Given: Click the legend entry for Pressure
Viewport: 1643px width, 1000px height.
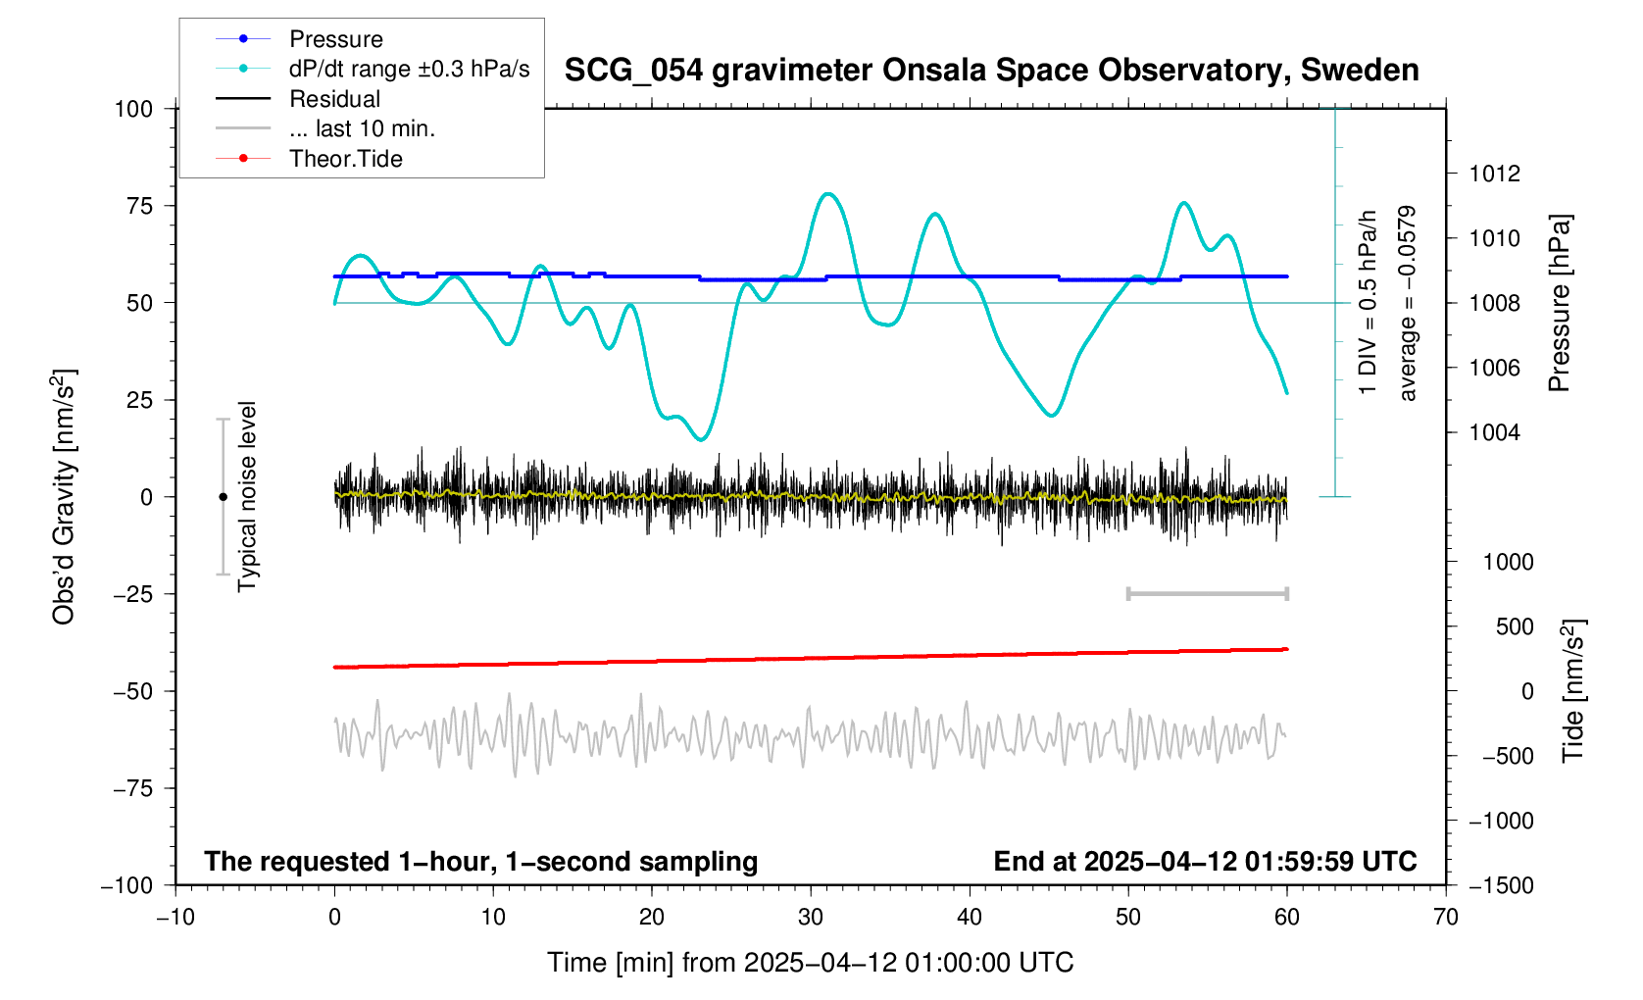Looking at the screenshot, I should pyautogui.click(x=335, y=39).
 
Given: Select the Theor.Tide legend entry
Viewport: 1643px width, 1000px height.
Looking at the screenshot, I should pyautogui.click(x=345, y=159).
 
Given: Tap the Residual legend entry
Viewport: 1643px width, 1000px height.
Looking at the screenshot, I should pyautogui.click(x=334, y=99).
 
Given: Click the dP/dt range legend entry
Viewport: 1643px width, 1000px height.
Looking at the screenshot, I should pyautogui.click(x=409, y=69).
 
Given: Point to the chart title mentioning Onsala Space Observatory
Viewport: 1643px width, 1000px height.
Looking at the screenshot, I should pyautogui.click(x=991, y=71).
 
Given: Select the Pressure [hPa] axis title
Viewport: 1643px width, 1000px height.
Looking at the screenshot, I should pyautogui.click(x=1559, y=303).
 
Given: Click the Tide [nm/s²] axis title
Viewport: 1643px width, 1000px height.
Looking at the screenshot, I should pyautogui.click(x=1573, y=690).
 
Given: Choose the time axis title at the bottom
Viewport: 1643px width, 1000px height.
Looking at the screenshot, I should pyautogui.click(x=810, y=963).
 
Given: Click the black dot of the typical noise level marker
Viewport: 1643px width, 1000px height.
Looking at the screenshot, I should pyautogui.click(x=223, y=497).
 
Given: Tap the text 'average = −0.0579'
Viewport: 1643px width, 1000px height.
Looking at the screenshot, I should pyautogui.click(x=1408, y=303).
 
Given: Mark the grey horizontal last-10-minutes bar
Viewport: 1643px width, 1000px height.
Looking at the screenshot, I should pyautogui.click(x=1207, y=593).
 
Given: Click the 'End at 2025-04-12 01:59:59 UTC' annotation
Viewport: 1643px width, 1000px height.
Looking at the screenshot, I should pyautogui.click(x=1205, y=862).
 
